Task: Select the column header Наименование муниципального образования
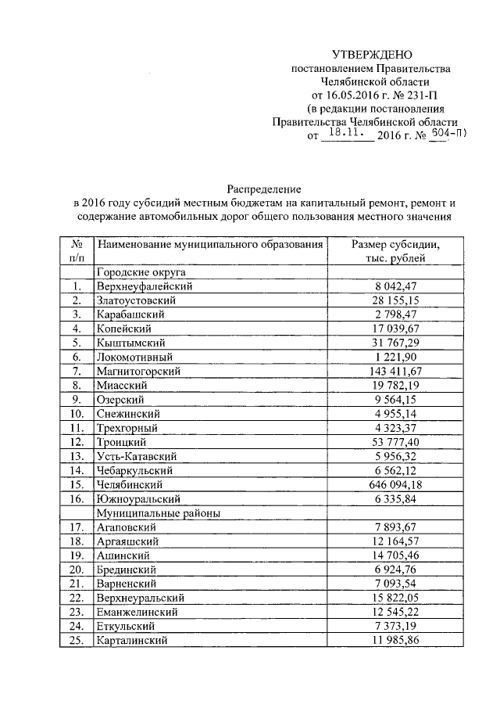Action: click(x=210, y=245)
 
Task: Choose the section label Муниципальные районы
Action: click(x=156, y=512)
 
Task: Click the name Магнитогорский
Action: click(x=137, y=370)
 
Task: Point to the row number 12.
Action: click(x=77, y=443)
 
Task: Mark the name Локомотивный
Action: click(x=132, y=357)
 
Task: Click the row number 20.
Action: click(x=77, y=570)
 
